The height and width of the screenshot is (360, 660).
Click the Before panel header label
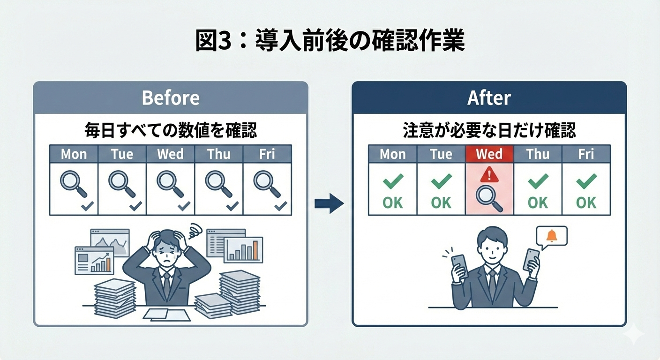pos(171,98)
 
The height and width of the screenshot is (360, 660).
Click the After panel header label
pos(489,98)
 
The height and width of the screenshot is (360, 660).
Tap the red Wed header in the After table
pos(489,154)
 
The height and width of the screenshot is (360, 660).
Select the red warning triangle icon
pos(489,174)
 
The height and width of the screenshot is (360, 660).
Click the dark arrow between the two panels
pos(329,203)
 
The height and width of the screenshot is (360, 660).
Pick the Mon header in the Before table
pos(74,154)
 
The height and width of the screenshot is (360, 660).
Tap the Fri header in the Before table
pos(267,154)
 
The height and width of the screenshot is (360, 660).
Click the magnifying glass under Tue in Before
pos(122,184)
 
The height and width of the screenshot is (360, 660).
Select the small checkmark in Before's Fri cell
pos(280,206)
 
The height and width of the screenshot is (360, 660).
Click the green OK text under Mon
pos(392,202)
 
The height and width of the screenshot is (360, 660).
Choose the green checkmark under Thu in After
pos(538,181)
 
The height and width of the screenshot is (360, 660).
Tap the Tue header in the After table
pos(441,154)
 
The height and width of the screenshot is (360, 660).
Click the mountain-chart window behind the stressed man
pos(110,242)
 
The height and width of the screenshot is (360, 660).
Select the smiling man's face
pos(491,248)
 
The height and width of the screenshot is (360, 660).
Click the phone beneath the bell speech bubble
pos(531,260)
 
